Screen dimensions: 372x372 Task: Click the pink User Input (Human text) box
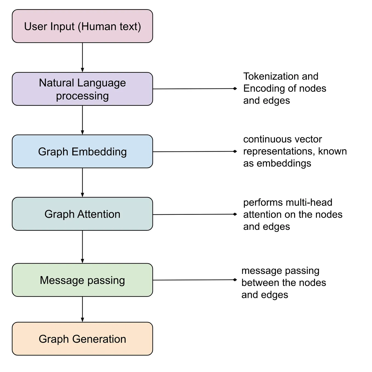pos(82,26)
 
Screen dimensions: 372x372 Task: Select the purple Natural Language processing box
pos(82,89)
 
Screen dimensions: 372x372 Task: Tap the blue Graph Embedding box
pos(82,151)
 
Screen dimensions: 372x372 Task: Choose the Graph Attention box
pos(82,214)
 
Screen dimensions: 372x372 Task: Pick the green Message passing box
pos(82,280)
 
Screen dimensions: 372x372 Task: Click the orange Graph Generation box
pos(82,339)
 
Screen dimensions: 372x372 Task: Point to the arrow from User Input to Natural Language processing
pos(82,57)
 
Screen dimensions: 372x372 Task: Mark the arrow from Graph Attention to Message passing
pos(82,247)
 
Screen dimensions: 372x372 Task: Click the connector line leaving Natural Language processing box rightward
pos(193,89)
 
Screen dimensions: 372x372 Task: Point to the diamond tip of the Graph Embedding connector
pos(235,151)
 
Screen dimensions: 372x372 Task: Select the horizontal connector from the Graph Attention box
pos(193,214)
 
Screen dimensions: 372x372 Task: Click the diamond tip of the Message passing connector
pos(235,280)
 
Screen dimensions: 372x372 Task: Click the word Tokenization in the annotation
pos(268,76)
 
